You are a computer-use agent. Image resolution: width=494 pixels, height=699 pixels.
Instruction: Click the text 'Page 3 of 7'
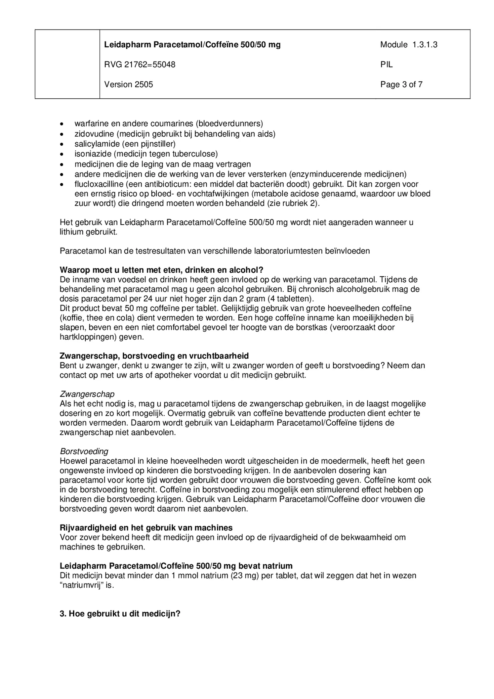point(401,85)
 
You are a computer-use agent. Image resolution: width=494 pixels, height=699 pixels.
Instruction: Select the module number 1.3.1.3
point(425,45)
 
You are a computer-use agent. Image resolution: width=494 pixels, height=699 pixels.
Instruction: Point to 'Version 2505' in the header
point(129,85)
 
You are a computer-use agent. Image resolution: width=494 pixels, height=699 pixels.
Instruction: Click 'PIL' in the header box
point(386,65)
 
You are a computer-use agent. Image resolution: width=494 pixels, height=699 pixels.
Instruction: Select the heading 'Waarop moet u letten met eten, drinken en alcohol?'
point(161,270)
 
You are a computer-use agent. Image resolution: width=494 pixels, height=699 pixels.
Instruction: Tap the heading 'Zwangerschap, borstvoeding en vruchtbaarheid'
point(154,356)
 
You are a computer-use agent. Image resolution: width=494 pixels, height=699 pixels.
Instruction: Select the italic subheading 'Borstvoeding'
point(84,451)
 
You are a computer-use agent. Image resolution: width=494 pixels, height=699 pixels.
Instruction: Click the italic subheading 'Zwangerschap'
point(87,394)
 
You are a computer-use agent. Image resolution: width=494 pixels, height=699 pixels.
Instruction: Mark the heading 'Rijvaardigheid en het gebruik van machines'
point(146,528)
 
